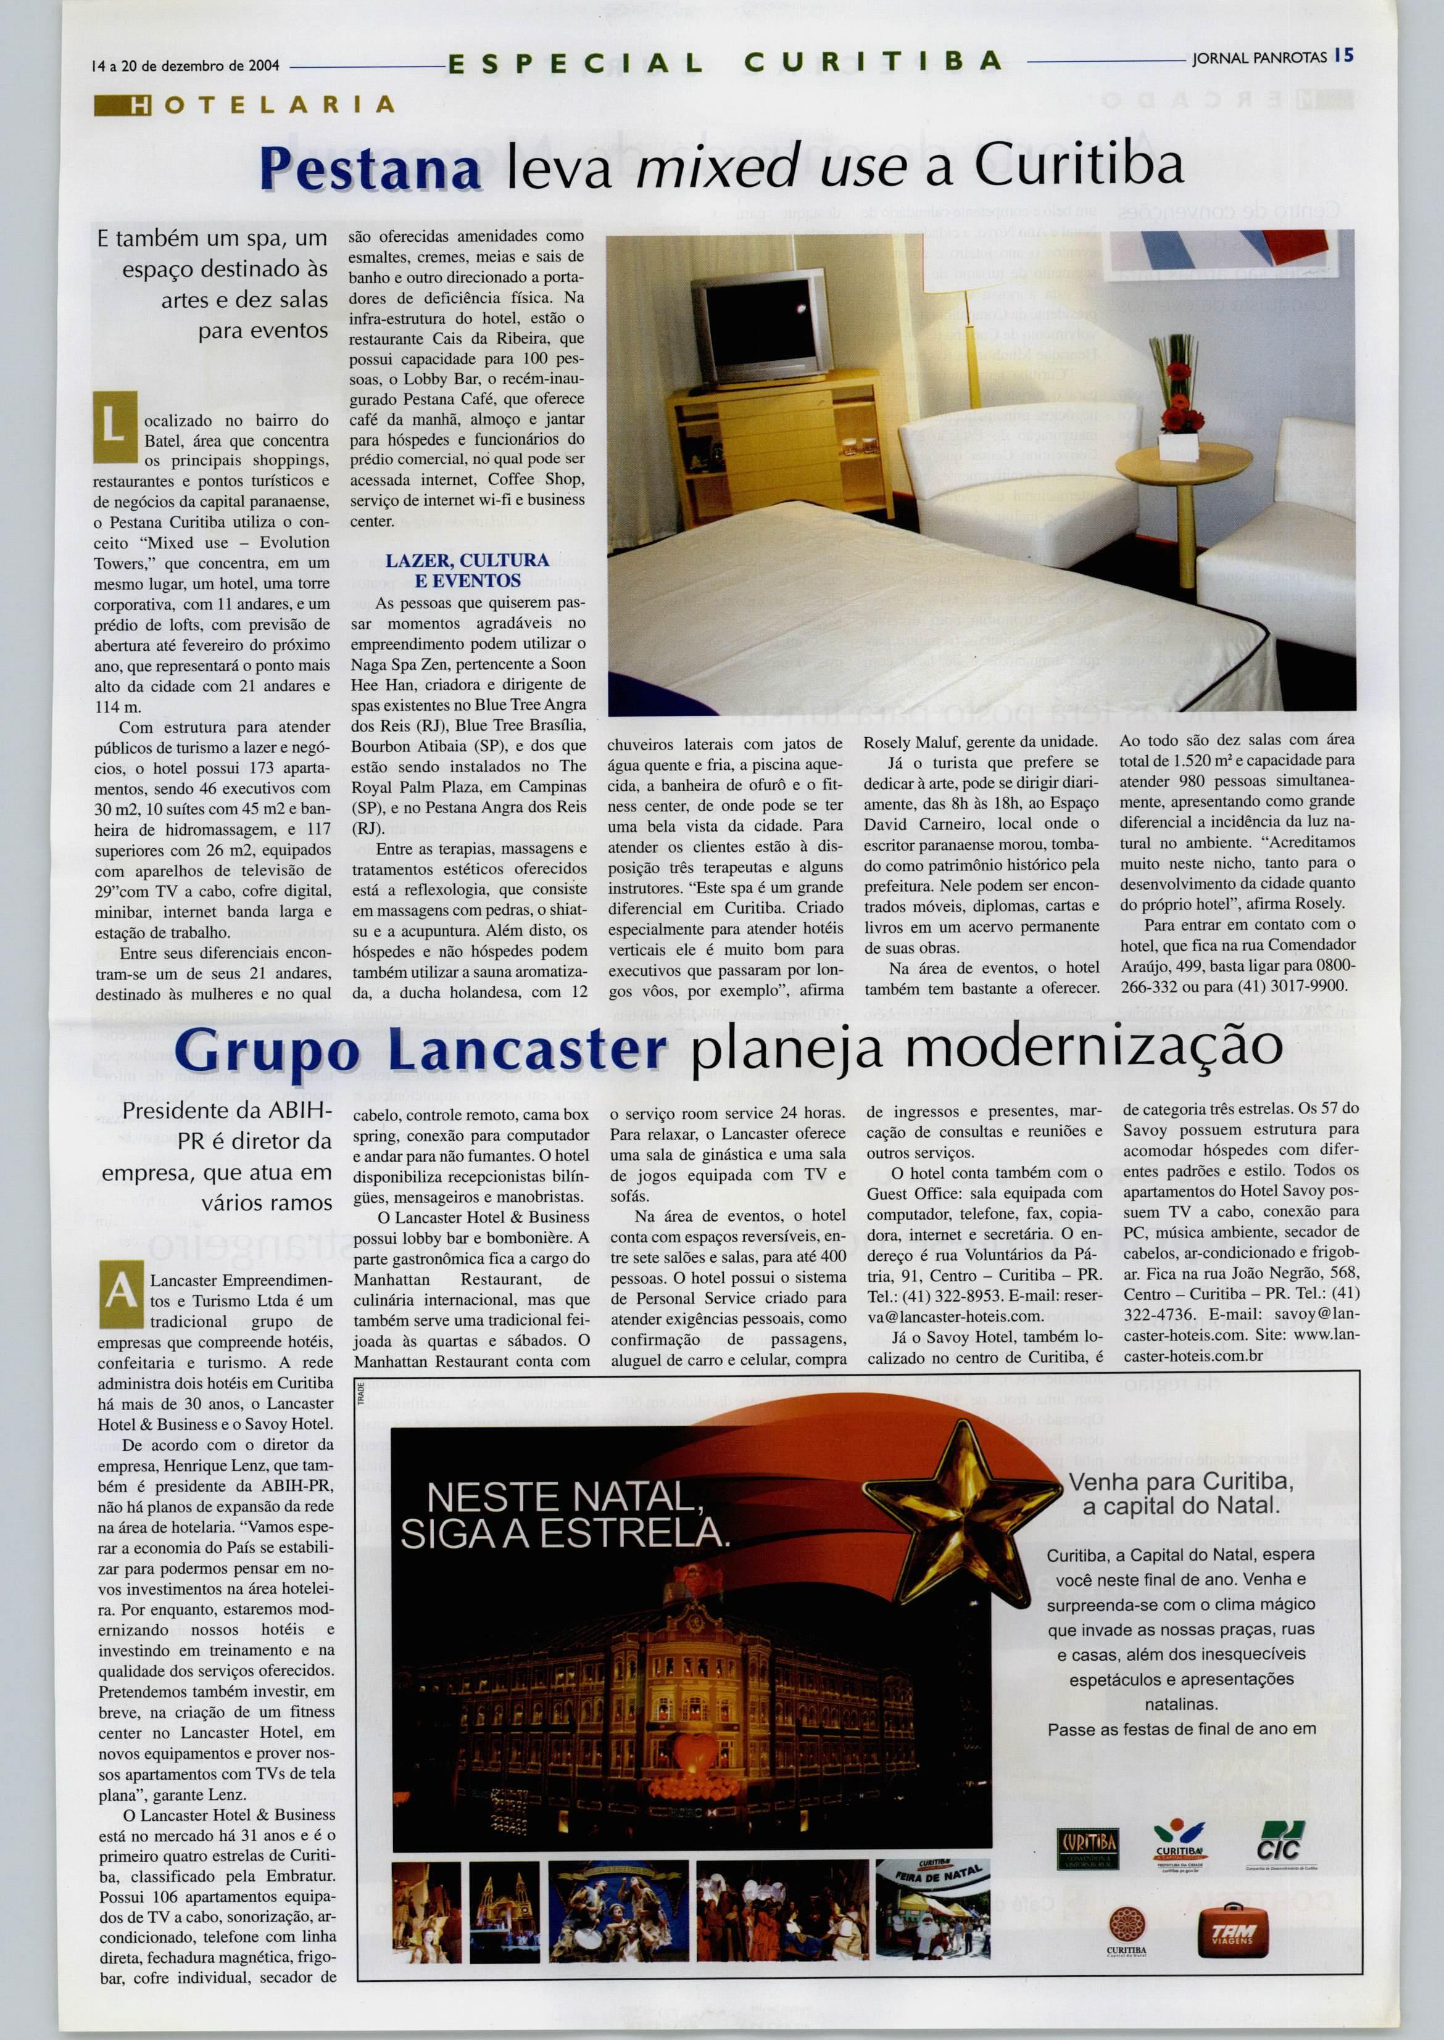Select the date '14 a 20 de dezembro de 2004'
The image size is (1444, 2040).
(x=186, y=66)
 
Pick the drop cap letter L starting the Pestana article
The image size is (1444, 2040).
(x=115, y=427)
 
